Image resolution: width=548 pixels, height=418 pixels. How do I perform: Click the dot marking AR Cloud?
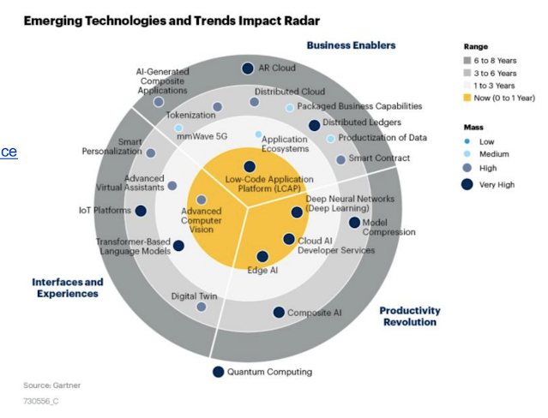click(248, 69)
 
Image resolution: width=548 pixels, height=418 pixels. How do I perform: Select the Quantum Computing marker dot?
click(218, 372)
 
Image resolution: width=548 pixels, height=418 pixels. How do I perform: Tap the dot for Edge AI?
click(262, 256)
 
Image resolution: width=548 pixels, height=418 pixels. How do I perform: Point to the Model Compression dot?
click(355, 223)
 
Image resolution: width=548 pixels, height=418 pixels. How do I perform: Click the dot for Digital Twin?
click(202, 306)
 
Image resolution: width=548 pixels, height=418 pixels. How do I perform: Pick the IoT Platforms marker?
click(141, 211)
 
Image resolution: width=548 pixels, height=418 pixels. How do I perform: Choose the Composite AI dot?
click(279, 313)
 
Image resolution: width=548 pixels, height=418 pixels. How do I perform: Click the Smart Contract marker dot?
click(340, 159)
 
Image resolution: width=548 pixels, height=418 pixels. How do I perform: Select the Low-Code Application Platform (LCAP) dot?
click(250, 167)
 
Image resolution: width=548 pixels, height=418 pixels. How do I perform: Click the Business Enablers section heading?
click(351, 45)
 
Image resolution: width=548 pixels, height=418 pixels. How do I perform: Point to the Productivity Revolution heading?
click(410, 316)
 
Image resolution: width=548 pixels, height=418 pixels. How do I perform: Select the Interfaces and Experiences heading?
click(68, 288)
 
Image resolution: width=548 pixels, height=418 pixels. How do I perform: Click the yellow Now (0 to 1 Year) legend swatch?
click(467, 98)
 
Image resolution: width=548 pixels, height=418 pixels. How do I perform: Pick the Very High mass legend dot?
click(467, 184)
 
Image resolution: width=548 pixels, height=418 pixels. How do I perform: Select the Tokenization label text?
click(190, 115)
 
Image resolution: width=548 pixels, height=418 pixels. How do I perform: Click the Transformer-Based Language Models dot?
click(178, 246)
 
